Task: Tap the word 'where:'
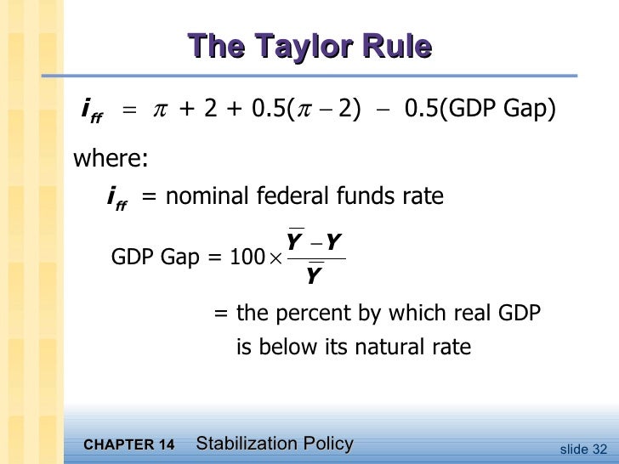tap(111, 159)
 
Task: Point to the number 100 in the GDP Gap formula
tap(247, 259)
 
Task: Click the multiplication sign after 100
tap(274, 260)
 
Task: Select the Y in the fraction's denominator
tap(314, 276)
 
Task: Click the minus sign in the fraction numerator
tap(315, 246)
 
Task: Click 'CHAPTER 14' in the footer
tap(130, 445)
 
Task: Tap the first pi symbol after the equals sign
tap(159, 110)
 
